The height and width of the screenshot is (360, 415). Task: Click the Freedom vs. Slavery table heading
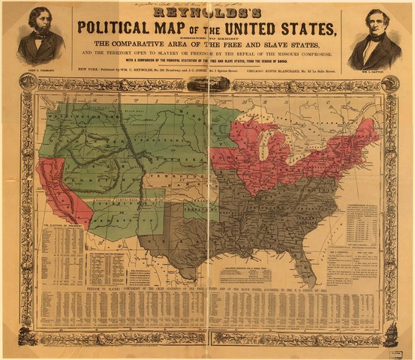pos(207,289)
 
